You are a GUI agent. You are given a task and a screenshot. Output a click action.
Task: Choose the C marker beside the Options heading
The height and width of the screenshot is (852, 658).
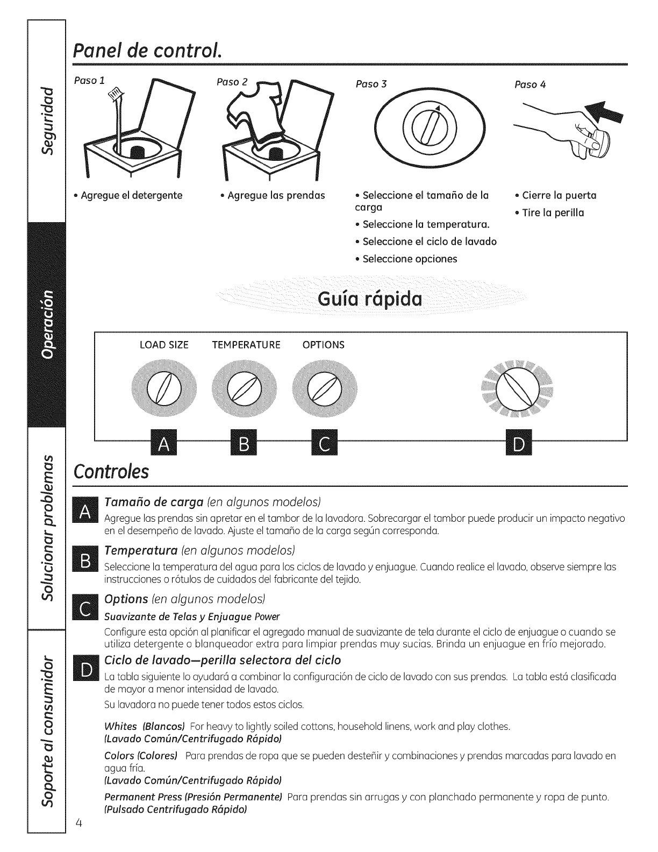click(86, 609)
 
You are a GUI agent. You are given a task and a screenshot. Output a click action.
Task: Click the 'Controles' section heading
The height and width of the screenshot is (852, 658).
click(111, 471)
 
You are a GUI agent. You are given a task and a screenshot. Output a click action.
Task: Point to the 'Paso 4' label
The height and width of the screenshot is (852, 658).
click(530, 84)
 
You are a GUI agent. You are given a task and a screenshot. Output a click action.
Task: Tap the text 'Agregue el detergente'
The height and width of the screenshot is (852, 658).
click(131, 195)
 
